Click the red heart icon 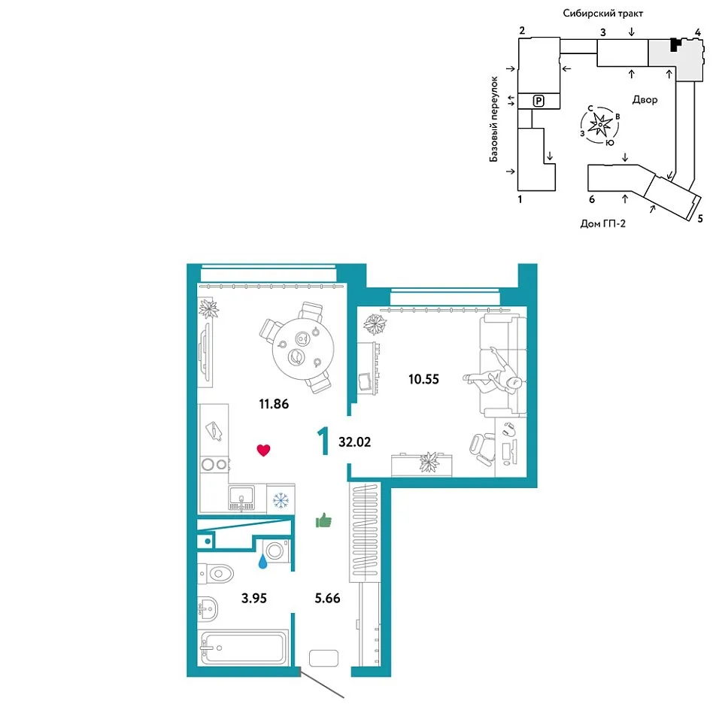(x=263, y=450)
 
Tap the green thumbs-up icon (x=323, y=520)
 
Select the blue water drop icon (x=262, y=561)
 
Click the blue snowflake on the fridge (x=281, y=500)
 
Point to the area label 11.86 (x=274, y=404)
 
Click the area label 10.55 (x=423, y=379)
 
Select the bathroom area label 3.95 (x=254, y=598)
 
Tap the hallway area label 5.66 (x=327, y=598)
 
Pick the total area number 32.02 (x=354, y=442)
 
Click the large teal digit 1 (x=323, y=441)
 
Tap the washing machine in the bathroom (x=276, y=551)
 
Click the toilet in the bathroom (x=216, y=574)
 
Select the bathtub (x=243, y=648)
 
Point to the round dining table (x=302, y=348)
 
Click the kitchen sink (x=241, y=498)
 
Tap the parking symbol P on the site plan (x=538, y=101)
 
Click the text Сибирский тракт (x=602, y=14)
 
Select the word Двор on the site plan (x=645, y=100)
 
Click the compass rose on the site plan (x=600, y=125)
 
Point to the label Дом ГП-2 (x=602, y=224)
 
